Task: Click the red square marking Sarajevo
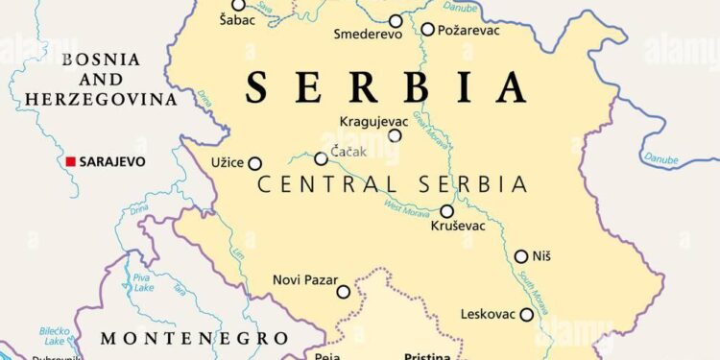(70, 161)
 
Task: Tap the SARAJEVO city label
(112, 161)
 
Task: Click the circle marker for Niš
(521, 256)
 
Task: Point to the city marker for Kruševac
(446, 211)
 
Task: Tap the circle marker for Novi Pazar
(344, 292)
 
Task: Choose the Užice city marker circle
(255, 163)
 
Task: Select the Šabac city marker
(238, 5)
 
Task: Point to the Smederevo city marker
(396, 20)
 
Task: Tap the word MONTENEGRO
(195, 338)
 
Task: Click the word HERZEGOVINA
(101, 99)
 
